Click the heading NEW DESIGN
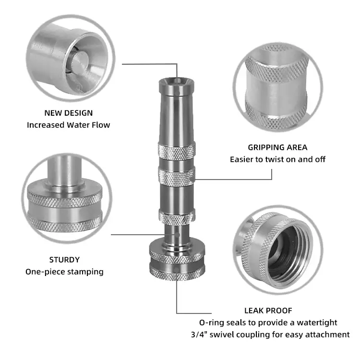(x=69, y=113)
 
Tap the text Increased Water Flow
(x=69, y=125)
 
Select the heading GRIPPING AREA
(x=277, y=147)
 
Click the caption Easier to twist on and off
(x=277, y=159)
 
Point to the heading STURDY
(x=64, y=260)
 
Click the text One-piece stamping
(x=64, y=272)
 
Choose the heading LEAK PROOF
(x=268, y=311)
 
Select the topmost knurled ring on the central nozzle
(x=177, y=151)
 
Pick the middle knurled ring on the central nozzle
(x=177, y=177)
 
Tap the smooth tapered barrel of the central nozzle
(x=177, y=120)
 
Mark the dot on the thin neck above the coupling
(x=177, y=235)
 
